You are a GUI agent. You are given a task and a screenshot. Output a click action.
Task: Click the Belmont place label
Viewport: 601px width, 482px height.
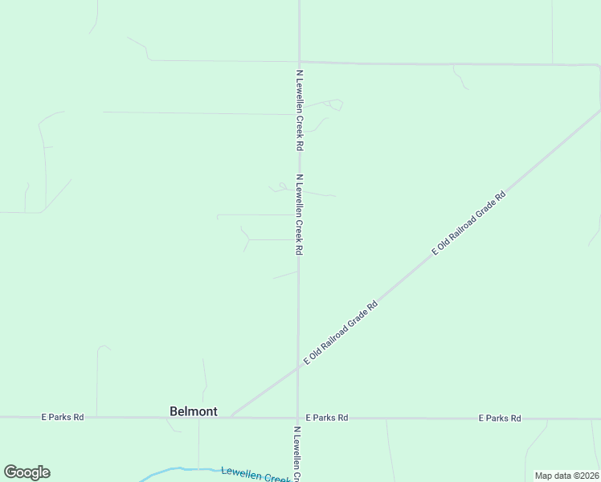click(x=193, y=411)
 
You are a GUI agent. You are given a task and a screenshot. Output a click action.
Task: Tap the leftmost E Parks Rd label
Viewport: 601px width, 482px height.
click(x=63, y=418)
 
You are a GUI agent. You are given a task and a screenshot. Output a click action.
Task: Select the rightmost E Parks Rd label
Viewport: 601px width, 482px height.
click(x=500, y=419)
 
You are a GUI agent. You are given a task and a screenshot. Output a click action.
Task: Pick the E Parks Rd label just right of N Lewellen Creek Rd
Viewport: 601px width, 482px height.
click(x=327, y=418)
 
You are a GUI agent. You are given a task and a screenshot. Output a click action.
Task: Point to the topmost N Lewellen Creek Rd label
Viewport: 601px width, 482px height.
click(x=300, y=110)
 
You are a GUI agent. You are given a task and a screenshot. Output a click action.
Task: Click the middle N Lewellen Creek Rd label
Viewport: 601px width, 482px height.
click(x=299, y=214)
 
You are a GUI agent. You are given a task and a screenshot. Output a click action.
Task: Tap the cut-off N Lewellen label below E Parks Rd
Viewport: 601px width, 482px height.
click(x=297, y=454)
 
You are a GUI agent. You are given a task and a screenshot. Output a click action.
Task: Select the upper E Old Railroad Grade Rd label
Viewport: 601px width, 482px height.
click(x=468, y=223)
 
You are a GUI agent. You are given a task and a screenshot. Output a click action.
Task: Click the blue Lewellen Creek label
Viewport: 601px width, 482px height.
click(x=255, y=475)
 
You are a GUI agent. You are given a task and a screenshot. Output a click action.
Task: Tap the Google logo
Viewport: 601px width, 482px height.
click(x=27, y=472)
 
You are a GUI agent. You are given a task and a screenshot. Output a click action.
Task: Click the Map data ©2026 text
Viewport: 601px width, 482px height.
click(x=566, y=476)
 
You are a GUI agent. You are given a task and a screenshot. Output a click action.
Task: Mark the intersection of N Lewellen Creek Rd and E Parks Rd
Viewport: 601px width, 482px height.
click(x=298, y=418)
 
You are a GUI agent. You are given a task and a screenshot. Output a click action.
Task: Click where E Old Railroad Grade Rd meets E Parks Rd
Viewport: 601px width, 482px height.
click(x=230, y=417)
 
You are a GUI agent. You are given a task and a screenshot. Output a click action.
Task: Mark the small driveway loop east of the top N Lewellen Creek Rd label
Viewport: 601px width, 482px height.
click(x=334, y=104)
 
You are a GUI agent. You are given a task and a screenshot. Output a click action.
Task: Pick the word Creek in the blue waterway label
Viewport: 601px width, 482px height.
click(x=276, y=478)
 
